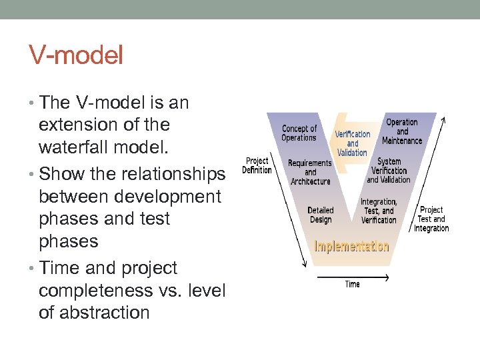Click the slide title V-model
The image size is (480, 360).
coord(76,55)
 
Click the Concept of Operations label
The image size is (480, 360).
coord(299,133)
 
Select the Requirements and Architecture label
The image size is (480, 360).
coord(309,172)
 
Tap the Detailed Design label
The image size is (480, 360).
coord(321,215)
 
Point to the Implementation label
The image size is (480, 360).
coord(351,247)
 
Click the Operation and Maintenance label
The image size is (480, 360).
coord(402,131)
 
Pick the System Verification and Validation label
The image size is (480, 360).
coord(389,171)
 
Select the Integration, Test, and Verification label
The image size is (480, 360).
coord(379,211)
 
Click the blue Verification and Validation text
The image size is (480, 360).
coord(353,143)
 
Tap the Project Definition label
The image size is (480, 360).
coord(257,165)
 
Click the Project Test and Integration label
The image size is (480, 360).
coord(431,219)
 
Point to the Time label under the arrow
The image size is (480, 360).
coord(352,285)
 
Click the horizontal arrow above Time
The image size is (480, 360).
coord(352,274)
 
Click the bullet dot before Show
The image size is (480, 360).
coord(33,175)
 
